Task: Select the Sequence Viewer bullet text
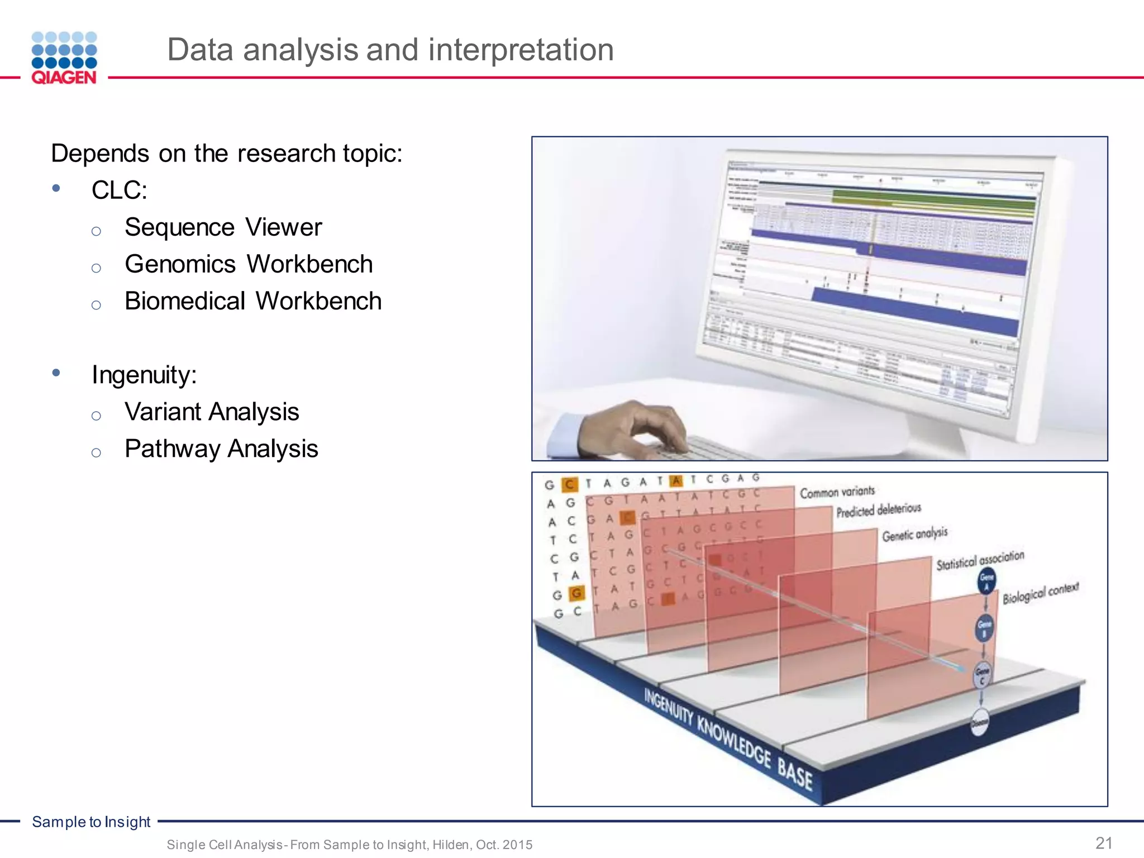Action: point(223,227)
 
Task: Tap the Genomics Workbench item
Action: point(249,264)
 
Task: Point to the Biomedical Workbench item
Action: point(253,301)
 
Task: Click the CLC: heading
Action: point(120,190)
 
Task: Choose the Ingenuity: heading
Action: point(144,375)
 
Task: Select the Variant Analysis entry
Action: point(212,412)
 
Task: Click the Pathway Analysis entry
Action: point(221,449)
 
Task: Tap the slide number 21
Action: point(1104,843)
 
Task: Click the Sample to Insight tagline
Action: point(91,822)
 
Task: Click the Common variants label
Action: point(837,492)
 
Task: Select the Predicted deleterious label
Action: point(878,510)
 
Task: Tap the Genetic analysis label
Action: point(915,534)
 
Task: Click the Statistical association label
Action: point(980,560)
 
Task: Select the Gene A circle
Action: point(986,581)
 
